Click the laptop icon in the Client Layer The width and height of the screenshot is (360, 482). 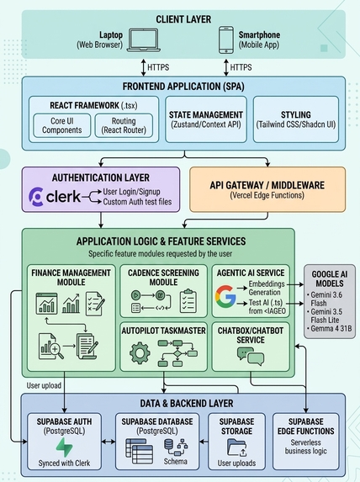[x=144, y=40]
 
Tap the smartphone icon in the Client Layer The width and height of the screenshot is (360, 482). [x=226, y=40]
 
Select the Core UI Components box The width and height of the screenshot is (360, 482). [x=61, y=125]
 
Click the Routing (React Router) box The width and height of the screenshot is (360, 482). [x=124, y=125]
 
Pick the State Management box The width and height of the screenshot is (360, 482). [x=206, y=119]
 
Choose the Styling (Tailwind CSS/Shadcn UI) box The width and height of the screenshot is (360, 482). [x=296, y=119]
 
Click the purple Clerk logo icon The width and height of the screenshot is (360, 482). [x=36, y=197]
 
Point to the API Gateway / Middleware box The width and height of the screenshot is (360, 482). [x=267, y=189]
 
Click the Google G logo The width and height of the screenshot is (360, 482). [x=225, y=296]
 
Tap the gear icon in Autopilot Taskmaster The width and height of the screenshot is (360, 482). [x=140, y=353]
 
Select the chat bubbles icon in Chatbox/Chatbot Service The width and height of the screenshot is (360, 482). [x=251, y=357]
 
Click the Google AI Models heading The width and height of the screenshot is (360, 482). [x=329, y=278]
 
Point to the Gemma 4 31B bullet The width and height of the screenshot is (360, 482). [x=329, y=328]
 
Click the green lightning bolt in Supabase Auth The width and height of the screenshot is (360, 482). [x=64, y=448]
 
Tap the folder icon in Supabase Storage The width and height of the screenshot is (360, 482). [x=236, y=448]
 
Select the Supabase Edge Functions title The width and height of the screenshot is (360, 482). [x=306, y=426]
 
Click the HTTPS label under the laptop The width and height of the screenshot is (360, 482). [x=158, y=67]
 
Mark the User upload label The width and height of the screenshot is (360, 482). [x=44, y=385]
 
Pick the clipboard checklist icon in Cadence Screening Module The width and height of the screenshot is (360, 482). [x=188, y=300]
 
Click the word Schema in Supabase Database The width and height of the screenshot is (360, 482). [x=175, y=462]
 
